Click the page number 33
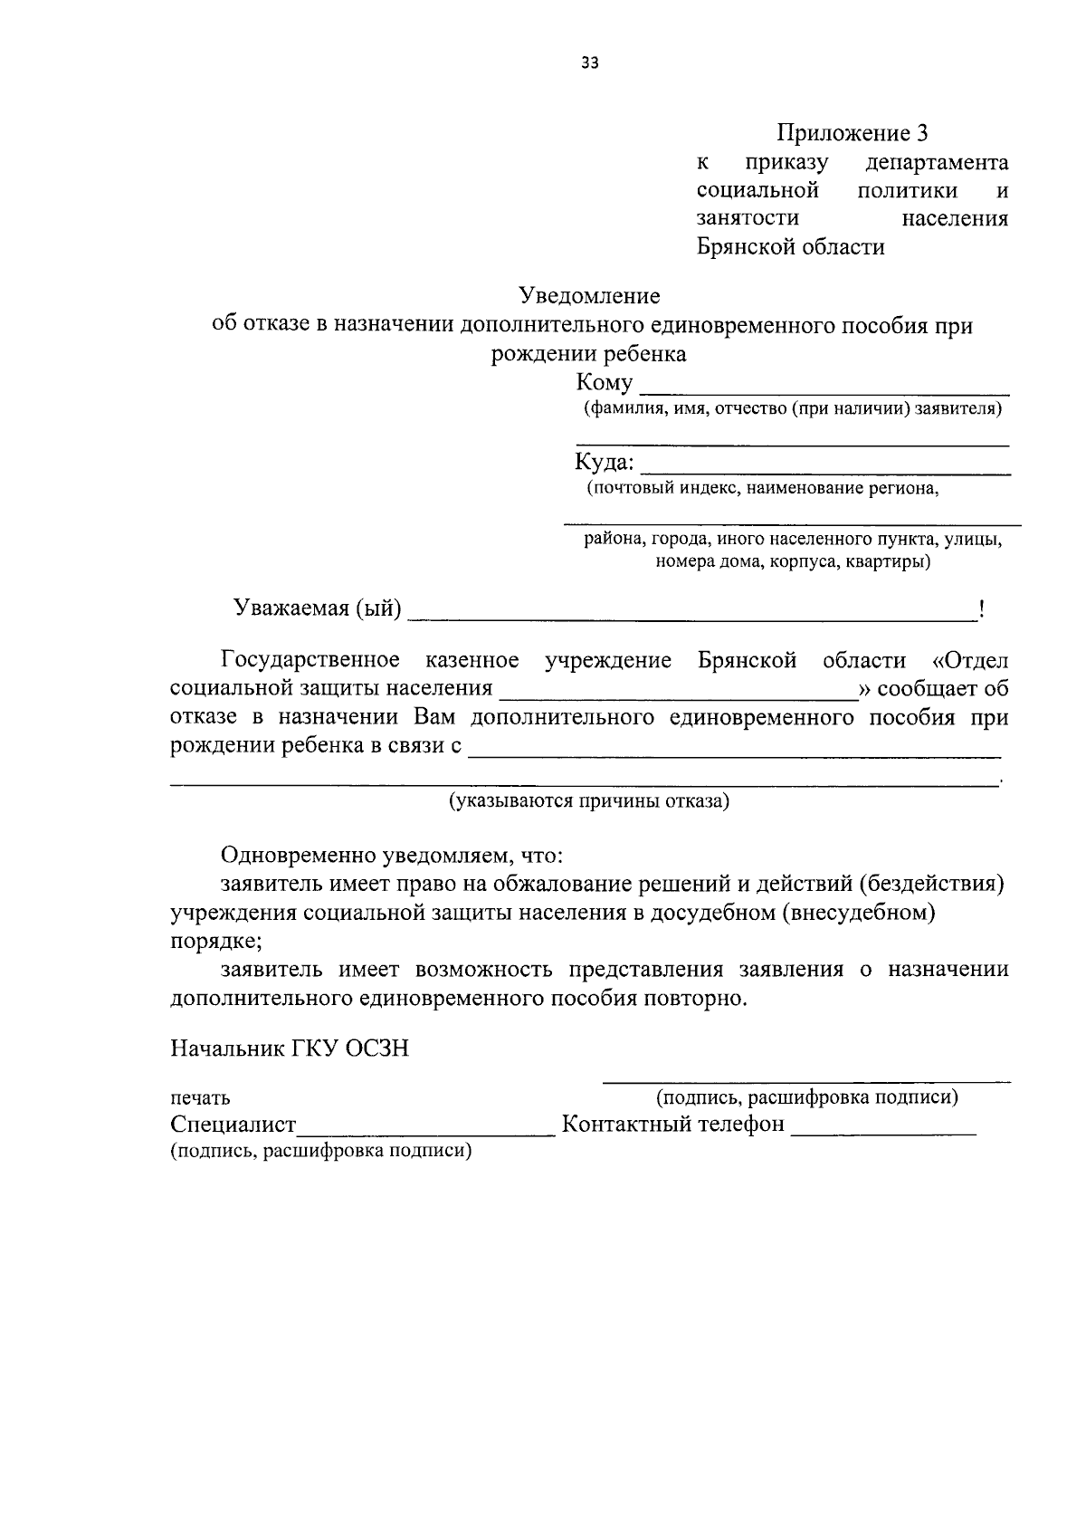(x=590, y=63)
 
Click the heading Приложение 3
(x=853, y=134)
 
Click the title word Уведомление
(x=589, y=296)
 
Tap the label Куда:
(x=605, y=463)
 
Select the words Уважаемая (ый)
(x=317, y=608)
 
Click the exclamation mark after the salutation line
(x=981, y=609)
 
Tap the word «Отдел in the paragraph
(x=969, y=660)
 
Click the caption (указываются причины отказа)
(x=589, y=801)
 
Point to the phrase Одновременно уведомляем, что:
(x=392, y=856)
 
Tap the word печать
(x=200, y=1098)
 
